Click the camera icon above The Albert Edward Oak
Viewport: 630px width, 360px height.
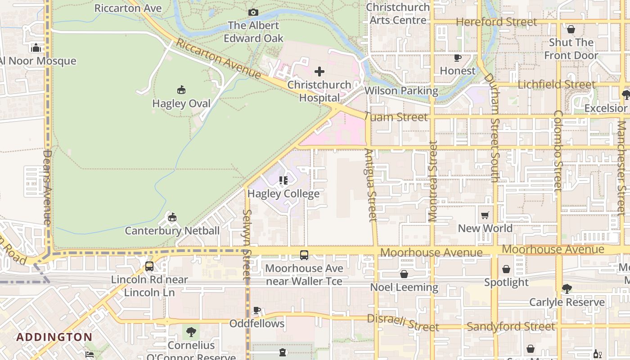pyautogui.click(x=253, y=12)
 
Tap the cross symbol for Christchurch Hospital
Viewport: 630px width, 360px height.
pyautogui.click(x=319, y=71)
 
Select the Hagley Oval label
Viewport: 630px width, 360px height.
pyautogui.click(x=181, y=103)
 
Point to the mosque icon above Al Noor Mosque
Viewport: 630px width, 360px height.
pyautogui.click(x=36, y=48)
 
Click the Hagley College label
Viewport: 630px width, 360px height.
pyautogui.click(x=283, y=193)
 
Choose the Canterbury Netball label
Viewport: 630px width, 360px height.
pyautogui.click(x=172, y=231)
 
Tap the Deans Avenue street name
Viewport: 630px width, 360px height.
pyautogui.click(x=47, y=187)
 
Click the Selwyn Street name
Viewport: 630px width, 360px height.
pyautogui.click(x=247, y=245)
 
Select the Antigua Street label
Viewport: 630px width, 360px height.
pyautogui.click(x=371, y=185)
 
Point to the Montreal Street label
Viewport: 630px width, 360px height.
pyautogui.click(x=433, y=181)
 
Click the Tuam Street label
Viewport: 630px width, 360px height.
pyautogui.click(x=396, y=117)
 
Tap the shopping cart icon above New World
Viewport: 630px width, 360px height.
pyautogui.click(x=485, y=216)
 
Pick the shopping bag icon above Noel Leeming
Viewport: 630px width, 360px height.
pyautogui.click(x=404, y=274)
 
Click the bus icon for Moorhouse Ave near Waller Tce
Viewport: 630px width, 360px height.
pyautogui.click(x=304, y=255)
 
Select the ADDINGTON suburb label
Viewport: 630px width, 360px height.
pyautogui.click(x=54, y=337)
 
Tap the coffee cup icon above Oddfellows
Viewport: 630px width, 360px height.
pyautogui.click(x=257, y=310)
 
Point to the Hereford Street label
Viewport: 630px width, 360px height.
pyautogui.click(x=496, y=22)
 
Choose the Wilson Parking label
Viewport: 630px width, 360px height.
pyautogui.click(x=401, y=91)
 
